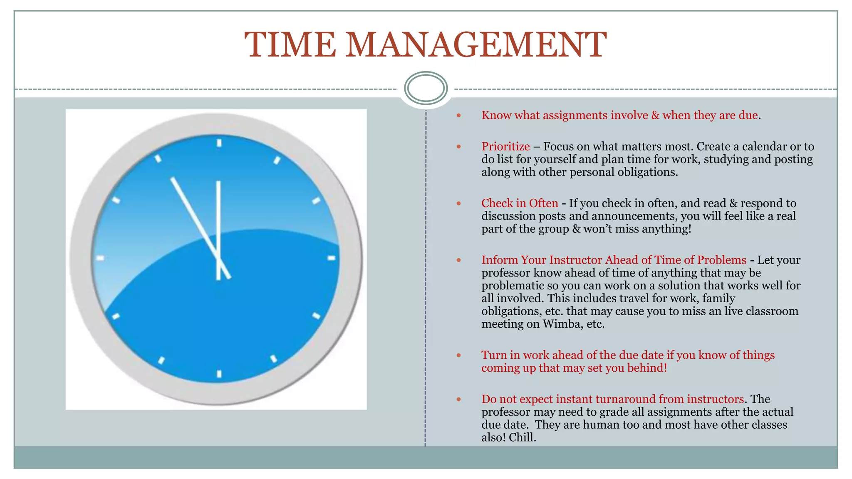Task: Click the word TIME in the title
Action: click(290, 45)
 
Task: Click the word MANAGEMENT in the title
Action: click(476, 45)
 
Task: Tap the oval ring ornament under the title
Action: click(426, 88)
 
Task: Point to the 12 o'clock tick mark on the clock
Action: click(219, 143)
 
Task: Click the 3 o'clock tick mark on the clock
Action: click(331, 258)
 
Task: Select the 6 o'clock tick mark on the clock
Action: click(219, 374)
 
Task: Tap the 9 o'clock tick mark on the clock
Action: click(100, 258)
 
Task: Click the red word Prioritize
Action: click(505, 146)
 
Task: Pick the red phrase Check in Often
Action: click(520, 203)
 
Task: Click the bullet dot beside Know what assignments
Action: click(459, 115)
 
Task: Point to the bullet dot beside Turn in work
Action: click(459, 355)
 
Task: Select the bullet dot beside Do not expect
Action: click(459, 399)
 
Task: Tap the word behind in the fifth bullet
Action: click(647, 368)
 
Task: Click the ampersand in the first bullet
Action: click(655, 115)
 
